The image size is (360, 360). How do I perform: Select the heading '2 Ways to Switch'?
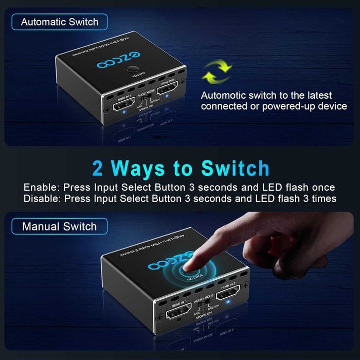181,168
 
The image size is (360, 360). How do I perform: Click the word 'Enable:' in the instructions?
40,187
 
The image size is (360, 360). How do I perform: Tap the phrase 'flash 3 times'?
311,199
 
